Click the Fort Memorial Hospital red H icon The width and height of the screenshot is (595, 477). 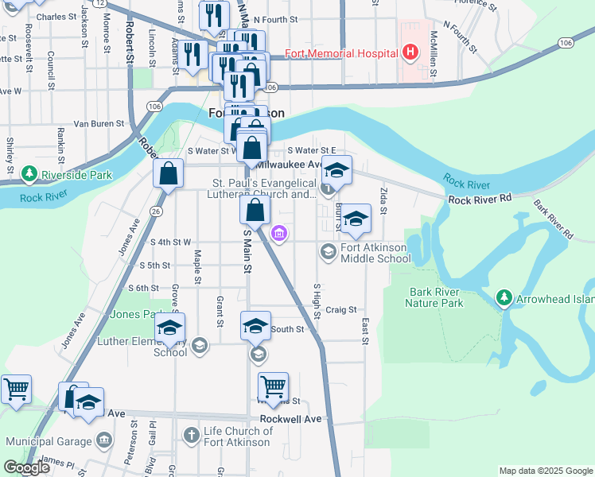click(410, 53)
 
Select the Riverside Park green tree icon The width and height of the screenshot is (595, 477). click(29, 173)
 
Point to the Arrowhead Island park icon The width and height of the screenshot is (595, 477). click(503, 297)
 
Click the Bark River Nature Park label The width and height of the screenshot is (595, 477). click(434, 297)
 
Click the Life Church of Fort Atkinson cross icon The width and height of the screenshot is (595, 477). click(191, 435)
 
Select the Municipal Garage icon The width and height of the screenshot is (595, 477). click(104, 440)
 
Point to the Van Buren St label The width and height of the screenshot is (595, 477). click(99, 123)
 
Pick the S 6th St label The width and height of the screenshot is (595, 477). click(143, 288)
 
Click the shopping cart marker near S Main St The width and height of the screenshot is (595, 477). click(273, 386)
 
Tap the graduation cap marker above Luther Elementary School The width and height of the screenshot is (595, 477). click(169, 328)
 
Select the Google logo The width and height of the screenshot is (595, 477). click(26, 468)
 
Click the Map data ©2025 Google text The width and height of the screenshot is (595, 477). click(545, 471)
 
